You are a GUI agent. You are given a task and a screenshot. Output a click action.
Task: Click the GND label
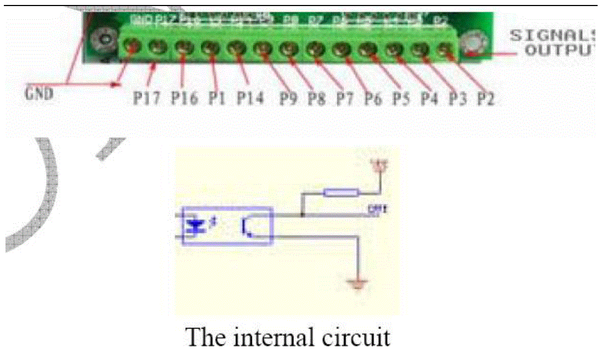[39, 93]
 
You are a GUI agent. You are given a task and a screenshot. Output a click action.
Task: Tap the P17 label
[147, 99]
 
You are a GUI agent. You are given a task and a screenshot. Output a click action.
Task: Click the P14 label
[250, 99]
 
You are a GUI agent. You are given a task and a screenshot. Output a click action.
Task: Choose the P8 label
[316, 99]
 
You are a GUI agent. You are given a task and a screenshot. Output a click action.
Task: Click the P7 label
[345, 99]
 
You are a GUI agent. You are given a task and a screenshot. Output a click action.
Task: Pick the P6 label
[373, 99]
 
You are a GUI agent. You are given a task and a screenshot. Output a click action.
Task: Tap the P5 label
[401, 99]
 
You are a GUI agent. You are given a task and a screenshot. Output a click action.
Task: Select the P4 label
[429, 99]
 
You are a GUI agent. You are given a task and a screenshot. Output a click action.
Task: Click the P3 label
[457, 99]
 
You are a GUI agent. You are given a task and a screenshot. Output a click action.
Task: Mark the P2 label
[485, 99]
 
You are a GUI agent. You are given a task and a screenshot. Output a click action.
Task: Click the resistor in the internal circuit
[341, 192]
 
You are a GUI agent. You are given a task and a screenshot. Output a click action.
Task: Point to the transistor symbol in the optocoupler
[246, 227]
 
